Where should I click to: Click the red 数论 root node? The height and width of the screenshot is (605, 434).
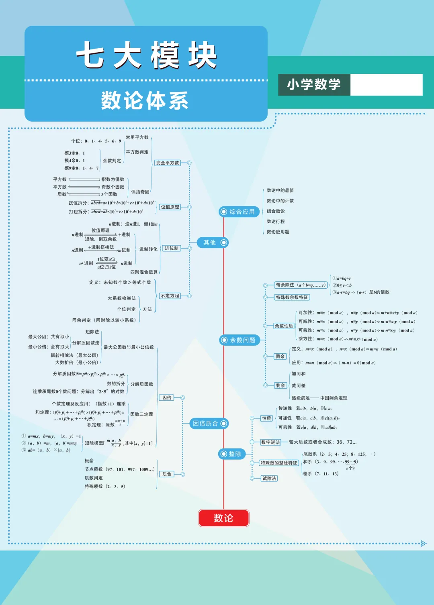(x=223, y=518)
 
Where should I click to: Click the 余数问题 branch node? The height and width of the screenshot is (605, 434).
(x=240, y=340)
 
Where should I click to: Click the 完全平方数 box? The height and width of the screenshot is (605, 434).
(x=168, y=163)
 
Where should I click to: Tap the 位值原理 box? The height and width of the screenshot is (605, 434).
(x=170, y=207)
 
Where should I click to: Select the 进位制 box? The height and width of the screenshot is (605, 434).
(x=172, y=248)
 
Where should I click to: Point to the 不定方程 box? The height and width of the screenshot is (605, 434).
(x=170, y=295)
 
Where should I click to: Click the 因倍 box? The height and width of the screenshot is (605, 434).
(x=167, y=397)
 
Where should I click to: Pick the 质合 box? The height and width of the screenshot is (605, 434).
(x=167, y=474)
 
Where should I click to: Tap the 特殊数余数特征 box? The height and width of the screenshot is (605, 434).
(x=292, y=297)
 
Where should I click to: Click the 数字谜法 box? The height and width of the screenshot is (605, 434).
(x=270, y=442)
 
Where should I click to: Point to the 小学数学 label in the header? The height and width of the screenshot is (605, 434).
(x=314, y=84)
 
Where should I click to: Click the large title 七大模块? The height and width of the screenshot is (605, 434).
(x=146, y=55)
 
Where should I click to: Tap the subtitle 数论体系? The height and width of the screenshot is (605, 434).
(x=145, y=100)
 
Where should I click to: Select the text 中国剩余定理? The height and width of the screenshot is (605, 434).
(x=334, y=398)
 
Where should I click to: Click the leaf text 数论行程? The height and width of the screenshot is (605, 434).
(x=276, y=221)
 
